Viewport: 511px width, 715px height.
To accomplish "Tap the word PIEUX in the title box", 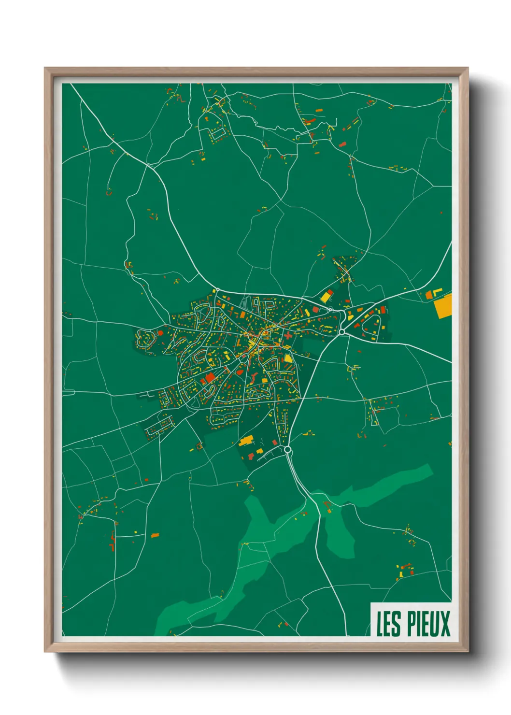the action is point(428,624).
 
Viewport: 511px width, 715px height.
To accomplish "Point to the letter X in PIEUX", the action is point(445,624).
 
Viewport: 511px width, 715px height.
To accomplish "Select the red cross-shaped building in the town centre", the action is point(288,335).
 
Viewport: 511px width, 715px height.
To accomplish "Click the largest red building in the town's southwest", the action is point(210,377).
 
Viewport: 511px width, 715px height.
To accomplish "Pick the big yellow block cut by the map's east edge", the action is point(443,306).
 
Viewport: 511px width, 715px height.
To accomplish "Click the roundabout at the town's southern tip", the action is point(288,450).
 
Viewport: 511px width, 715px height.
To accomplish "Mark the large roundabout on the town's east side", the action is point(342,332).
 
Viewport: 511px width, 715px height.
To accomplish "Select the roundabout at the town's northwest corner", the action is point(217,290).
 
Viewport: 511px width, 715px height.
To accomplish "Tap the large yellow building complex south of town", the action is point(246,441).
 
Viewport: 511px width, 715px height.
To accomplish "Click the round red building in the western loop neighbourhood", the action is point(161,333).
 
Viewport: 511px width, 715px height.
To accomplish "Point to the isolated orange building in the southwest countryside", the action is point(155,535).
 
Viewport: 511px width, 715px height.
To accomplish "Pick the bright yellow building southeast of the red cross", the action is point(288,358).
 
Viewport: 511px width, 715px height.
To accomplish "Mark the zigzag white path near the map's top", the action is point(280,128).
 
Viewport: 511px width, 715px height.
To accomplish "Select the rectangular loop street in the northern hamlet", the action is point(217,132).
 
